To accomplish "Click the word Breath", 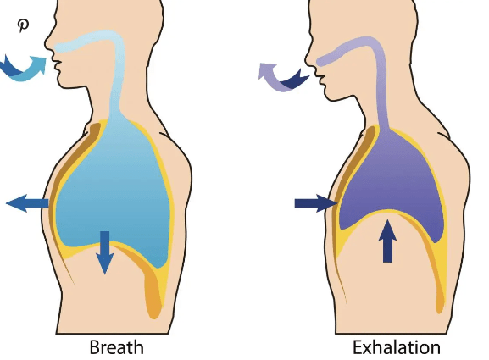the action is coord(117,347).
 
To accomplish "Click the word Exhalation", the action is coord(397,347).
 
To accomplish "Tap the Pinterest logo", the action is coord(23,25).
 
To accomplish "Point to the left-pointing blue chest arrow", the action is coord(27,203).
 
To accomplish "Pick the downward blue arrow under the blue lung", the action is coord(105,252).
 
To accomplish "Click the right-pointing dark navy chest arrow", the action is coord(316,203).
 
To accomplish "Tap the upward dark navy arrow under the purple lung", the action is coord(387,241).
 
